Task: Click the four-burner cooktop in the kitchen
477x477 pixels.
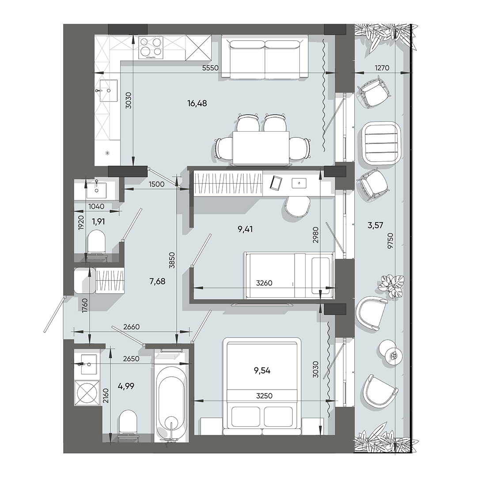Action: pyautogui.click(x=151, y=47)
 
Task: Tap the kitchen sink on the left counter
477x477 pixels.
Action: pyautogui.click(x=108, y=90)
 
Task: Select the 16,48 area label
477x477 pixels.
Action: pyautogui.click(x=197, y=103)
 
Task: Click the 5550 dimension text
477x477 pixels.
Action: pyautogui.click(x=211, y=69)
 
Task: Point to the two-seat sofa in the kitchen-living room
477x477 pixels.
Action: pyautogui.click(x=265, y=59)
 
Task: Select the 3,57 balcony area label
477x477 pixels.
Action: pyautogui.click(x=375, y=225)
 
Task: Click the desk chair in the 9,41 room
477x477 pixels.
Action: pyautogui.click(x=297, y=206)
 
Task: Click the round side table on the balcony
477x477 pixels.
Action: pyautogui.click(x=390, y=352)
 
